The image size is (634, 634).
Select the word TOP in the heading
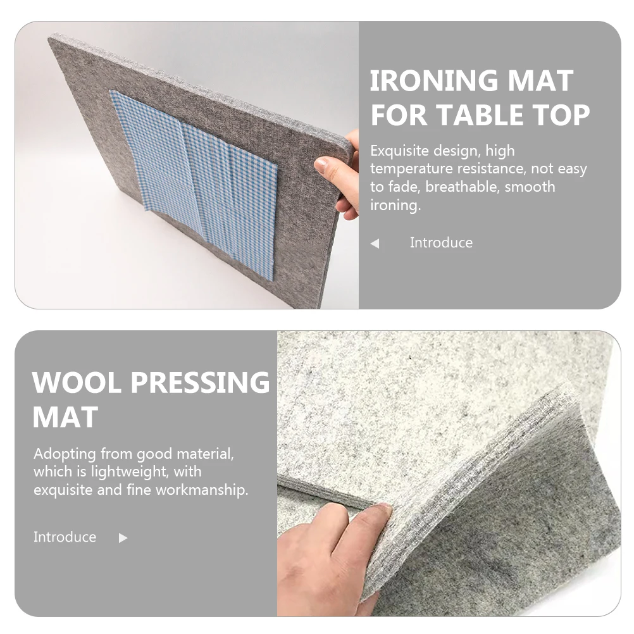click(562, 115)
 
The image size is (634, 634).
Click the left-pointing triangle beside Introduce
click(375, 244)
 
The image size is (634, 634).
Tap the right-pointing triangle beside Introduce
click(123, 538)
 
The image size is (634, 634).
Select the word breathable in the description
click(464, 187)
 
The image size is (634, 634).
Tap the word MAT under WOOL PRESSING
click(65, 417)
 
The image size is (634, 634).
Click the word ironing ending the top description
click(395, 206)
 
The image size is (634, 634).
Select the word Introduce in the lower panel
click(65, 537)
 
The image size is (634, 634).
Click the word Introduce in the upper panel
click(441, 243)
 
